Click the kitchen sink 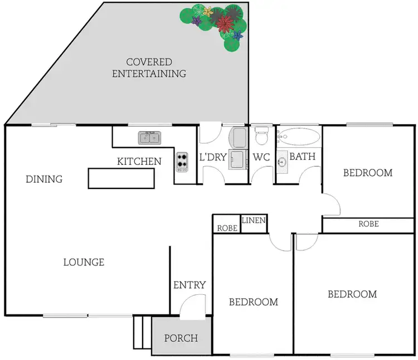[149, 138]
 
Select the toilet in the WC [261, 135]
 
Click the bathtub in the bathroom [299, 136]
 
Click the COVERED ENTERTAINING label [149, 67]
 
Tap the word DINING [44, 179]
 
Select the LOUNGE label [84, 262]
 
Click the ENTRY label [189, 285]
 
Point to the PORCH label [181, 338]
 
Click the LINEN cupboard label [254, 221]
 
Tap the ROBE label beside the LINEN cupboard [227, 227]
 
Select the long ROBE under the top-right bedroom [368, 224]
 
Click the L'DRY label [213, 157]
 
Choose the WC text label [261, 157]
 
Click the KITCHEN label [139, 162]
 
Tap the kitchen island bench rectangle [121, 179]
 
